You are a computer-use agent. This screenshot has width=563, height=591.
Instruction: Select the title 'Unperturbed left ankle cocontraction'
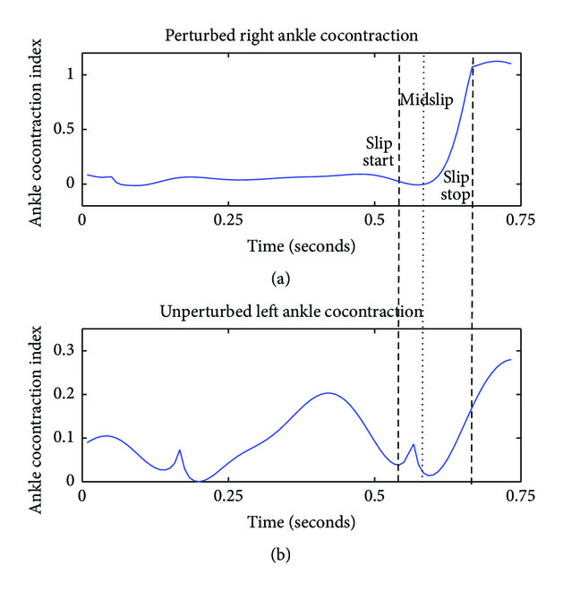click(293, 312)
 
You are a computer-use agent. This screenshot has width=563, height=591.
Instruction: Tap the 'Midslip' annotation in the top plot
click(424, 100)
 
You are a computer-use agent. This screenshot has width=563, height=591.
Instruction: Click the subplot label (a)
click(281, 279)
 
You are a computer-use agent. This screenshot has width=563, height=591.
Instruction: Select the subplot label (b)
click(281, 555)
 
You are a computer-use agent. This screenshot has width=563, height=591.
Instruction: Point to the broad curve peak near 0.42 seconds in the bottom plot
click(328, 392)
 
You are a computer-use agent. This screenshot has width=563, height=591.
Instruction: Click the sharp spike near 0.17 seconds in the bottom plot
click(180, 450)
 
